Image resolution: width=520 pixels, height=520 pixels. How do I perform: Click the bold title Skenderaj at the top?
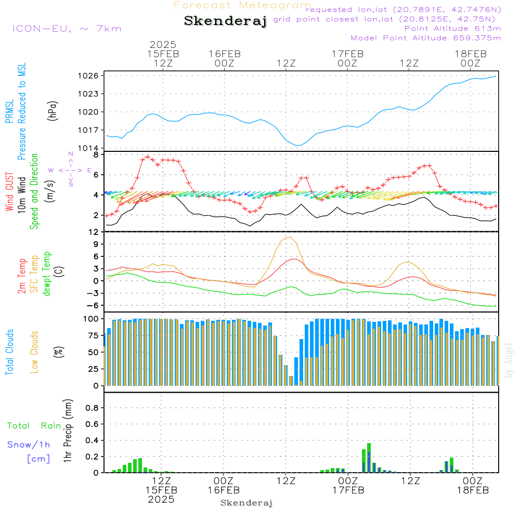pyautogui.click(x=225, y=21)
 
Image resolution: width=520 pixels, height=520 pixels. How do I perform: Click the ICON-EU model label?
pyautogui.click(x=67, y=29)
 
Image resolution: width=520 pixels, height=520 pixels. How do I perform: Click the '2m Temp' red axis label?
pyautogui.click(x=22, y=275)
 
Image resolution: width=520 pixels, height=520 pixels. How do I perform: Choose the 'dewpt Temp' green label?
pyautogui.click(x=47, y=274)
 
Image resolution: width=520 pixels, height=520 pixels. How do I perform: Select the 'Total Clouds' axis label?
pyautogui.click(x=10, y=352)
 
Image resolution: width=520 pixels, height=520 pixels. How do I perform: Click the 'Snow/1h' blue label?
pyautogui.click(x=29, y=445)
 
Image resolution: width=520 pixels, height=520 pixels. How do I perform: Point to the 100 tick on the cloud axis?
pyautogui.click(x=92, y=318)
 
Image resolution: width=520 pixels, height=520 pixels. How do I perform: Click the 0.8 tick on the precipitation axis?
pyautogui.click(x=92, y=408)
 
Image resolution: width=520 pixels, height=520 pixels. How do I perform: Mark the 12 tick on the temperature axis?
pyautogui.click(x=94, y=232)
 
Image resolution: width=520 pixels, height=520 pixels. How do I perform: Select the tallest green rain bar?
pyautogui.click(x=369, y=458)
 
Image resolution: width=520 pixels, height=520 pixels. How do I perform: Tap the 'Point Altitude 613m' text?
pyautogui.click(x=452, y=28)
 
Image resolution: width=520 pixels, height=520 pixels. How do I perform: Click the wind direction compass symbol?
pyautogui.click(x=71, y=170)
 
